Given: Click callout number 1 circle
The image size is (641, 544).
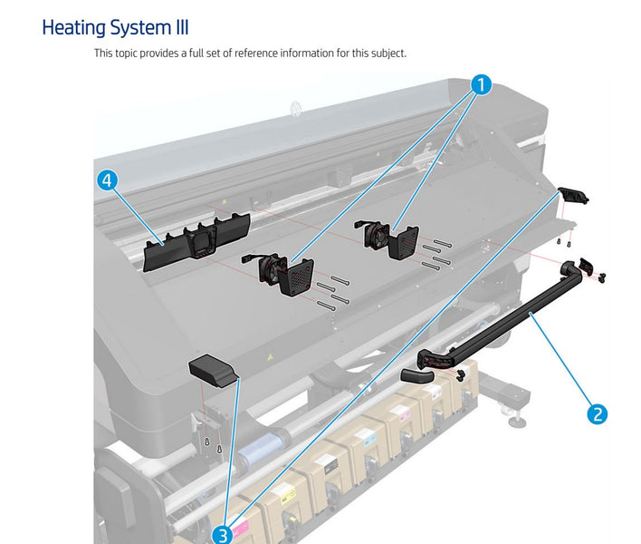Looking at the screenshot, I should (x=482, y=85).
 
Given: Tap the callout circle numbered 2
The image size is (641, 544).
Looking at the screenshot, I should (x=597, y=414).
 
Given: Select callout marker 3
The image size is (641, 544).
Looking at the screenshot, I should (x=222, y=535).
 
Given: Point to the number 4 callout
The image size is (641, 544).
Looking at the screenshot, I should (x=107, y=180).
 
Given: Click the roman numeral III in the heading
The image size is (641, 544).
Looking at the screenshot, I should (x=177, y=27).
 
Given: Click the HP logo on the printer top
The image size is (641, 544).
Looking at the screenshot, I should (x=295, y=109).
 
